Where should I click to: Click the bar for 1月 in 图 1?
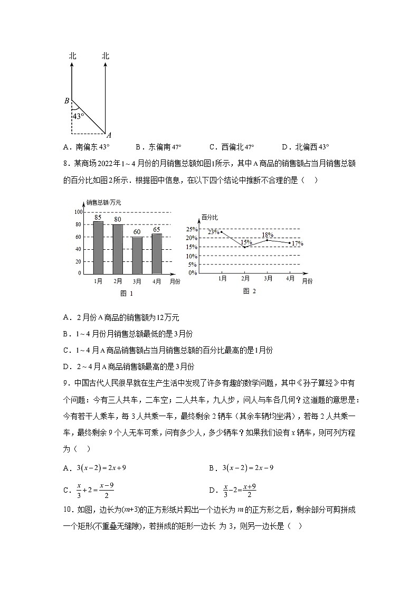pos(98,247)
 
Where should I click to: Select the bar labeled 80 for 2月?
pos(118,249)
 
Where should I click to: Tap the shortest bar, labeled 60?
pos(137,255)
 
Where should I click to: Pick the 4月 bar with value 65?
pos(157,253)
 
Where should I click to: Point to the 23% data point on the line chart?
pos(221,232)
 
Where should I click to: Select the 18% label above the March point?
pos(268,235)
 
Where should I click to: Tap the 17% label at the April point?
pos(297,243)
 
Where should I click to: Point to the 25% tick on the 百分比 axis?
pos(191,229)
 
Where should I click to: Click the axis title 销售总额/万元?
pos(103,202)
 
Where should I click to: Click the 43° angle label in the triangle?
pos(78,116)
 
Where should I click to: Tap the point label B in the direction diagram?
pos(66,101)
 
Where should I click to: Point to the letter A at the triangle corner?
pos(108,135)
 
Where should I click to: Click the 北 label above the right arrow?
pos(106,55)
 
